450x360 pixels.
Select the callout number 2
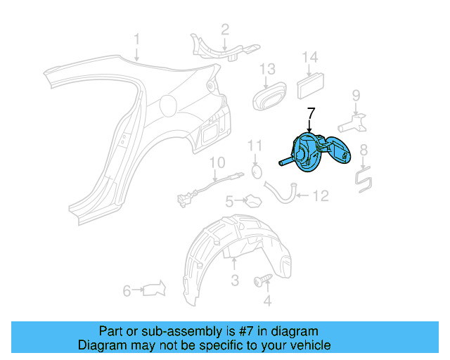[x=225, y=30]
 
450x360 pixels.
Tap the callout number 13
[x=267, y=69]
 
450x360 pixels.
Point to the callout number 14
[x=310, y=58]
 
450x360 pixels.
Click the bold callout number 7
[x=311, y=112]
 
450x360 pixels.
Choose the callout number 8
[x=364, y=150]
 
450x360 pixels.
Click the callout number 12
[x=320, y=196]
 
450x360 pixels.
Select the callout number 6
[x=127, y=289]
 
